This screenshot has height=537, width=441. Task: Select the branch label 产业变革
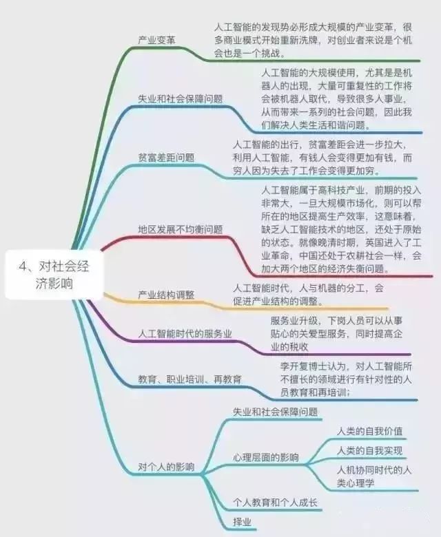[156, 40]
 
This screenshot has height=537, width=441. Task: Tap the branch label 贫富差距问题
[166, 157]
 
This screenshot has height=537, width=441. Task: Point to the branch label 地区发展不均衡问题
[180, 229]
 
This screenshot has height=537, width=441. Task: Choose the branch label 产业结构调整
[166, 295]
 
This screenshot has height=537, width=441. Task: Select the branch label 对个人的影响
[166, 467]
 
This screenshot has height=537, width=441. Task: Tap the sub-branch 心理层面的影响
[265, 457]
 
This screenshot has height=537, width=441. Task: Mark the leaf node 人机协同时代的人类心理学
[374, 476]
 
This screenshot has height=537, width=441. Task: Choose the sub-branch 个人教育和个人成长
[275, 503]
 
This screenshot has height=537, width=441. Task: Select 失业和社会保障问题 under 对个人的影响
[275, 412]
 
